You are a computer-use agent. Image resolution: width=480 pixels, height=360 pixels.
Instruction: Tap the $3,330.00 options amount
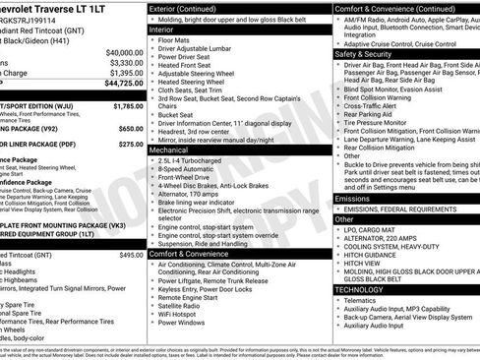124,62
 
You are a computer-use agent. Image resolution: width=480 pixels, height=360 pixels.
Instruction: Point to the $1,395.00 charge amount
124,73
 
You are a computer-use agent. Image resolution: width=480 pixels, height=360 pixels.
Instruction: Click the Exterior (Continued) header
191,7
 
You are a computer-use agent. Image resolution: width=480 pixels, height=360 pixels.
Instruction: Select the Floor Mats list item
177,40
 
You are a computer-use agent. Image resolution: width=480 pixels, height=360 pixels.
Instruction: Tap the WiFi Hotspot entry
183,312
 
